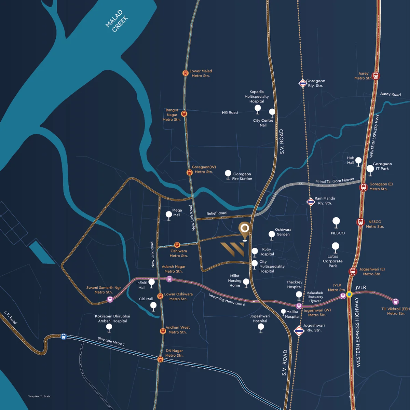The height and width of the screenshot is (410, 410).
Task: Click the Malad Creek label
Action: point(117,21)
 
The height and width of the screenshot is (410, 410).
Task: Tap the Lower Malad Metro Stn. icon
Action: point(185,73)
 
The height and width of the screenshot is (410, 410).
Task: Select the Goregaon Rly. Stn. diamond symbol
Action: point(303,83)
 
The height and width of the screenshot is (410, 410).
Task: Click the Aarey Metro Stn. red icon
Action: point(376,76)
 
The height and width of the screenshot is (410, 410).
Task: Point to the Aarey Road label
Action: point(390,94)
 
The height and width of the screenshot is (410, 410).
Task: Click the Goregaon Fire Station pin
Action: point(228,174)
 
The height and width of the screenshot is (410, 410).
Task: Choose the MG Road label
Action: point(230,112)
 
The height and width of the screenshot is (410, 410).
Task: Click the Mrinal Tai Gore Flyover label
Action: point(334,180)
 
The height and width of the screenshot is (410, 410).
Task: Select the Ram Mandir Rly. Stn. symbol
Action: point(311,202)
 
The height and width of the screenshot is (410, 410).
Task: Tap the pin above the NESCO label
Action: point(336,221)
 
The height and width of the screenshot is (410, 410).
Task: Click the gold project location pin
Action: point(244,229)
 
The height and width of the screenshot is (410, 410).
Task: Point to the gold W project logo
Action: point(232,249)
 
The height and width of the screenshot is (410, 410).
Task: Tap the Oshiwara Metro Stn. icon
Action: point(177,245)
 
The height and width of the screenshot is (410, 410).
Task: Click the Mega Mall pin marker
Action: point(168,215)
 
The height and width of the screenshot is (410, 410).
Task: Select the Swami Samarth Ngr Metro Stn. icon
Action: point(110,299)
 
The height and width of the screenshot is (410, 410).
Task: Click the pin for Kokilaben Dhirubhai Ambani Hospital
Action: point(109,327)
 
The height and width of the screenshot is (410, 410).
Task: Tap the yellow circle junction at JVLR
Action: point(349,294)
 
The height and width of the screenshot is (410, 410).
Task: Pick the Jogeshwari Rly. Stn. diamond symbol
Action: point(299,331)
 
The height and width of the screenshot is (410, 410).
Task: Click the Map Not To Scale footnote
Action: point(39,396)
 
